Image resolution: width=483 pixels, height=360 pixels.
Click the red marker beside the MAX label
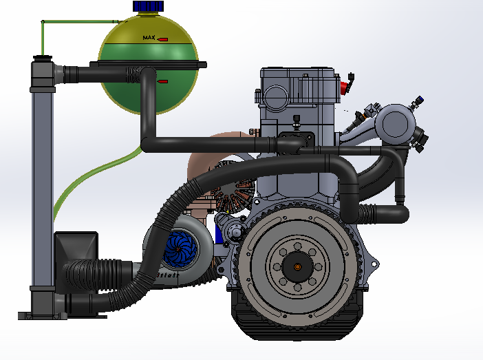163,40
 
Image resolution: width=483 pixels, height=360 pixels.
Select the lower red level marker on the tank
163,83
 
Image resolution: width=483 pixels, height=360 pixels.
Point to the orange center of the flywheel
297,266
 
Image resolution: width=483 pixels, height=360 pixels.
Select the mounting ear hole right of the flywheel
375,263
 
